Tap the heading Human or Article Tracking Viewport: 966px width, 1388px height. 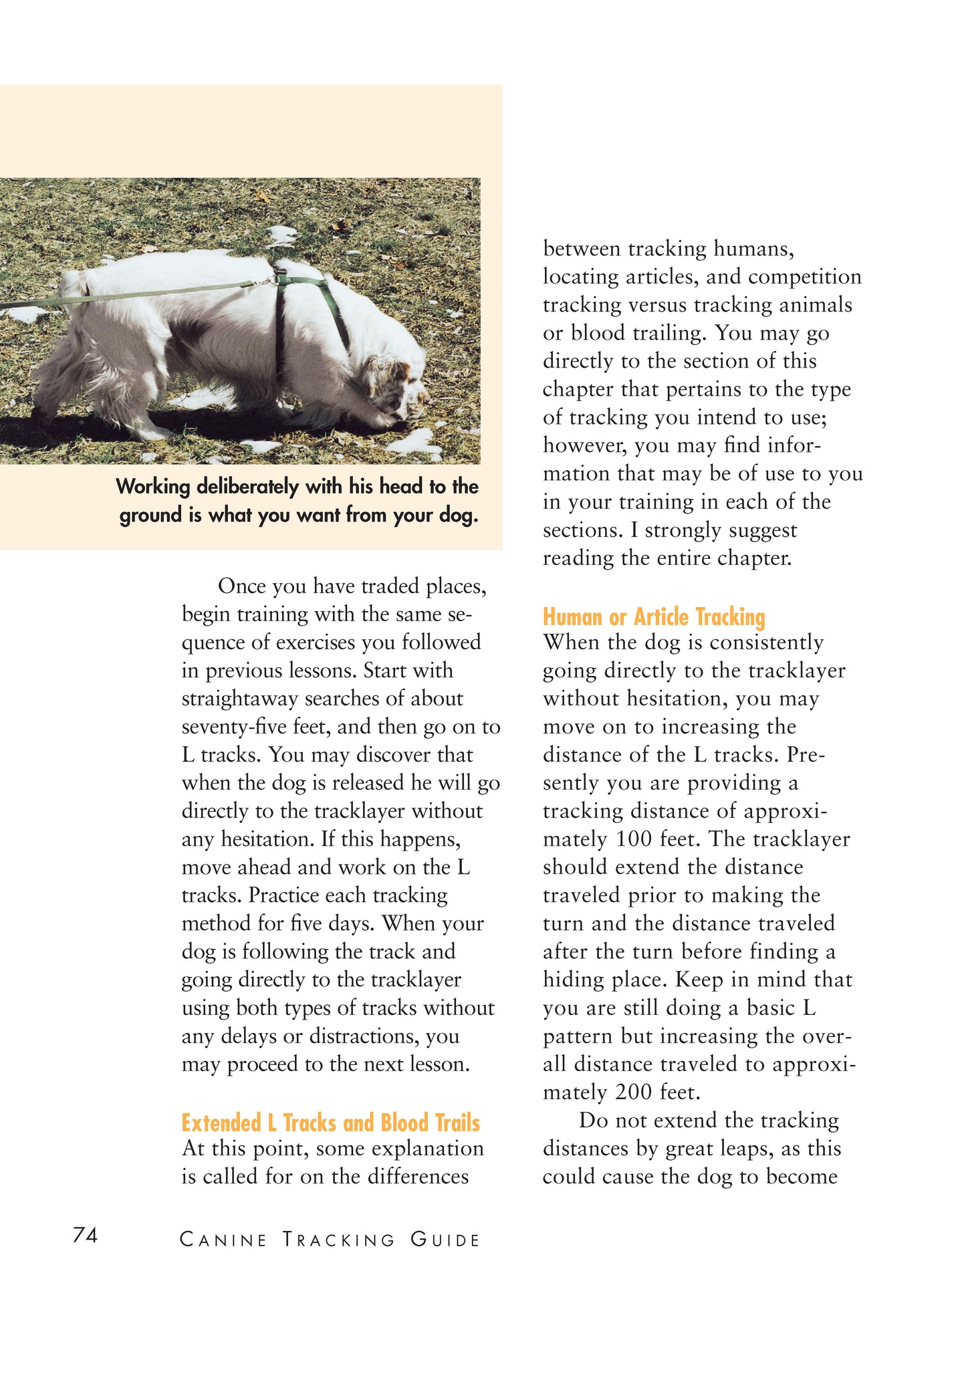tap(653, 616)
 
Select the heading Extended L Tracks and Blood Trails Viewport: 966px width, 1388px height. tap(330, 1123)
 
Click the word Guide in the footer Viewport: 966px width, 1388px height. tap(445, 1240)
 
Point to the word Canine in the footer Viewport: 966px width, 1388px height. tap(223, 1240)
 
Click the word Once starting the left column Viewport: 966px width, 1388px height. tap(241, 586)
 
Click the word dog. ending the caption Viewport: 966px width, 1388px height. tap(458, 515)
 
